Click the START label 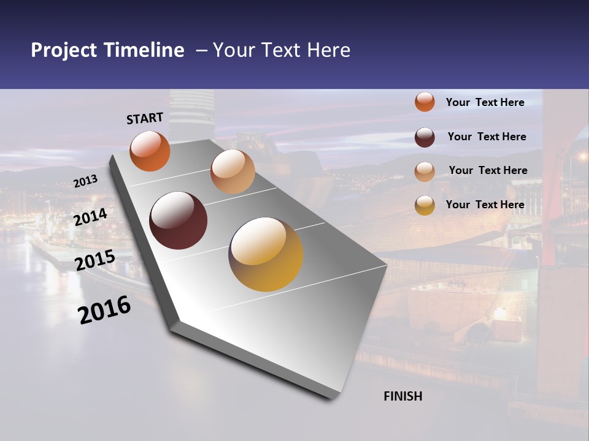pyautogui.click(x=145, y=118)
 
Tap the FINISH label pyautogui.click(x=402, y=396)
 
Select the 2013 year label pyautogui.click(x=85, y=181)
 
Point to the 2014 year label pyautogui.click(x=90, y=217)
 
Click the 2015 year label pyautogui.click(x=94, y=260)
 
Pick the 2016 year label pyautogui.click(x=104, y=310)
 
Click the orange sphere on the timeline pyautogui.click(x=150, y=151)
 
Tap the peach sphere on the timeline pyautogui.click(x=233, y=171)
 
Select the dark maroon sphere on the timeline pyautogui.click(x=178, y=221)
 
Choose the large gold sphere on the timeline pyautogui.click(x=266, y=254)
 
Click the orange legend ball pyautogui.click(x=425, y=102)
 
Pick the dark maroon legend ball pyautogui.click(x=425, y=137)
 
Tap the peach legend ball pyautogui.click(x=425, y=171)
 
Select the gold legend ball pyautogui.click(x=425, y=205)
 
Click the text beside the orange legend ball pyautogui.click(x=485, y=102)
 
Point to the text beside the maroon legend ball pyautogui.click(x=487, y=137)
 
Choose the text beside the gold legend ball pyautogui.click(x=485, y=205)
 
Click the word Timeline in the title pyautogui.click(x=145, y=50)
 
